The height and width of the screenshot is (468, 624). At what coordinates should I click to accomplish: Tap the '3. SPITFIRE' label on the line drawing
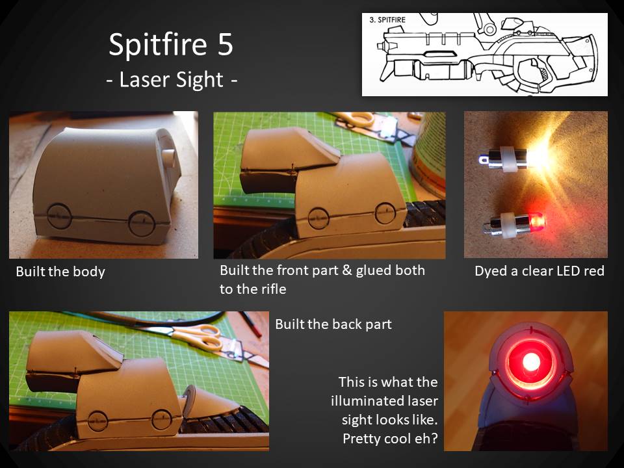click(387, 20)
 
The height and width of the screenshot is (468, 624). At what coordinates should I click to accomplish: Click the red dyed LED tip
click(537, 221)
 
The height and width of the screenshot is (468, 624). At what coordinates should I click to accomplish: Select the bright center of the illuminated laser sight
click(531, 362)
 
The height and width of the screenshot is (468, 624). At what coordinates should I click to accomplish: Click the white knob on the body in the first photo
click(168, 159)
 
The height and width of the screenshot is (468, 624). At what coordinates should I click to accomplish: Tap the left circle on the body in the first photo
click(59, 216)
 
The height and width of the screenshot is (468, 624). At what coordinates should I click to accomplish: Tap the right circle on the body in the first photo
click(142, 223)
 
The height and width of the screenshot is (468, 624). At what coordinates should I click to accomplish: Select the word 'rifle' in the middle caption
click(273, 289)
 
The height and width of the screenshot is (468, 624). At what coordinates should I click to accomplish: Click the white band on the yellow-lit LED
click(508, 159)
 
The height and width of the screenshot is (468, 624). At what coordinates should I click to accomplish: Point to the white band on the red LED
click(506, 226)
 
